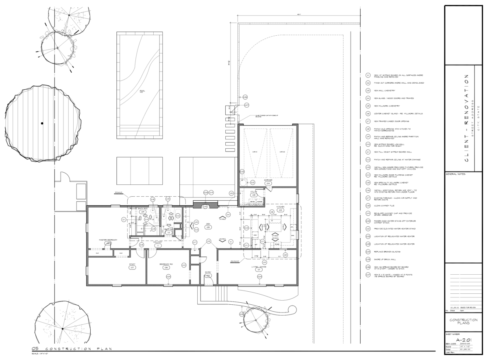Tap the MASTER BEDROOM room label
(x=108, y=240)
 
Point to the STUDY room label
(x=132, y=264)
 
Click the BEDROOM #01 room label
(x=166, y=264)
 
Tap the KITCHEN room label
(x=280, y=207)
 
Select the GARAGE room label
(x=268, y=180)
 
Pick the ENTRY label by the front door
(x=208, y=272)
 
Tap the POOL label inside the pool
(x=142, y=91)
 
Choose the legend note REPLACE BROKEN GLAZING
(x=390, y=252)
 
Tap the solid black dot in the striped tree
(x=42, y=123)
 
